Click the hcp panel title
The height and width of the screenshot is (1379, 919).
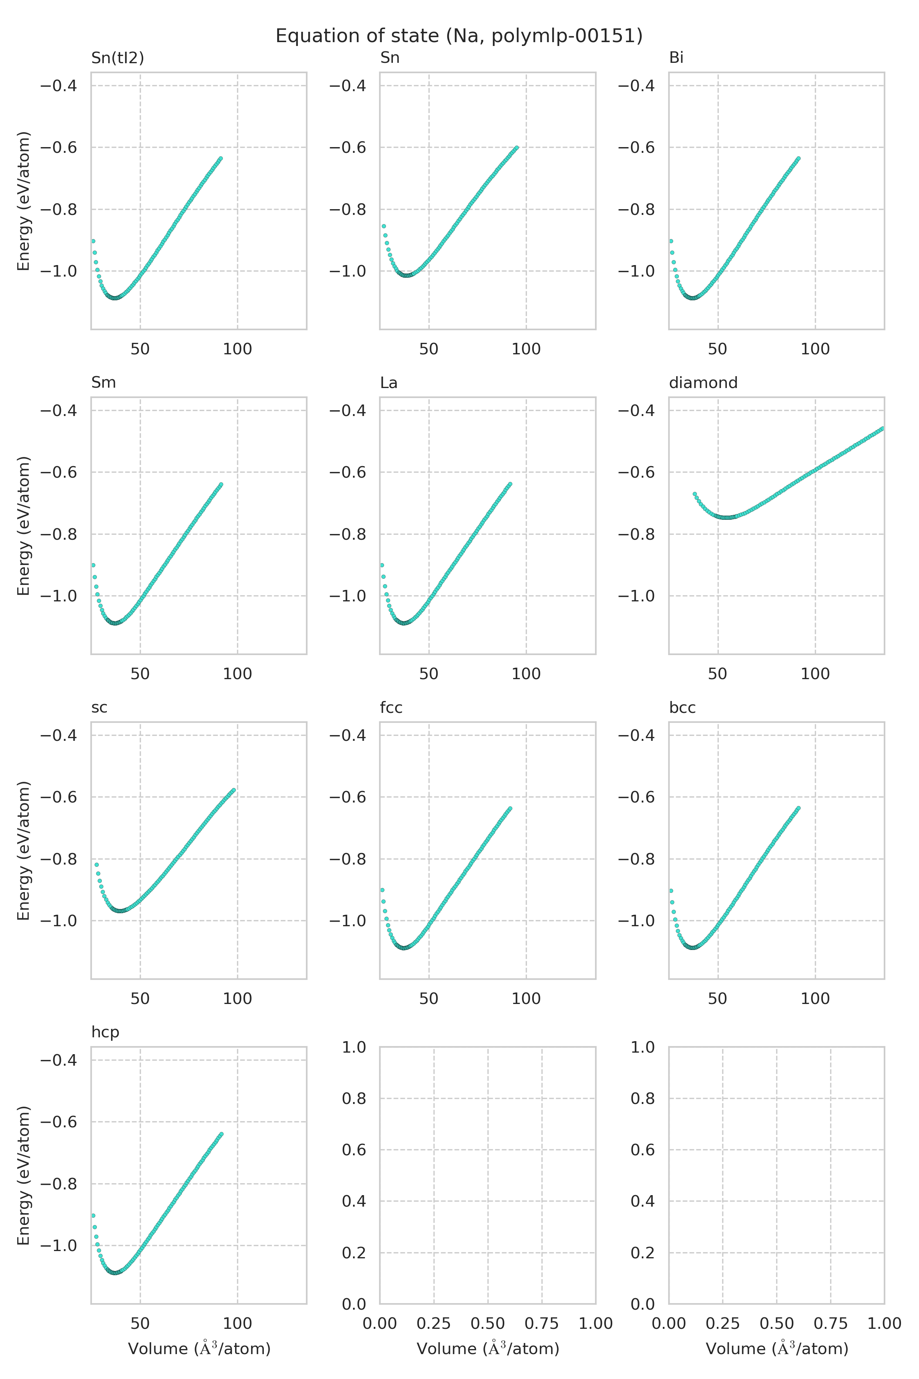tap(105, 1032)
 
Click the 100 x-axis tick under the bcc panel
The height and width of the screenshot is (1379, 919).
tap(815, 999)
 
